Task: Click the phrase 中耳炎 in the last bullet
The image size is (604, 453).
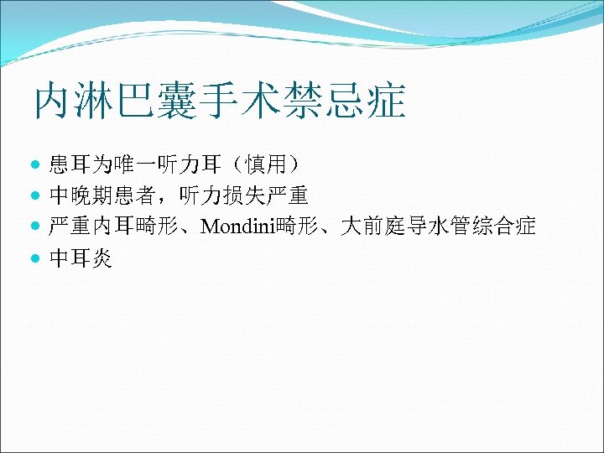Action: point(81,257)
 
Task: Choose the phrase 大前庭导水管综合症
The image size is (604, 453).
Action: point(440,226)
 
